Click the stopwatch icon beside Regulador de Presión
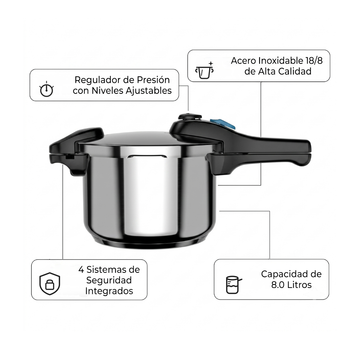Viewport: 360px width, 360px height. click(x=46, y=89)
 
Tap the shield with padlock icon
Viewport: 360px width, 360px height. click(x=50, y=284)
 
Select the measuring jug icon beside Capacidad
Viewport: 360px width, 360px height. click(x=233, y=285)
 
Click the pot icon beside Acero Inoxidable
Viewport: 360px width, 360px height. click(x=204, y=70)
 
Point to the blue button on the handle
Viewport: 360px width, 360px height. click(x=223, y=124)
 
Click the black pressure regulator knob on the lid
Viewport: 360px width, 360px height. click(x=190, y=117)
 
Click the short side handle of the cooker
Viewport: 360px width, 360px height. click(x=72, y=150)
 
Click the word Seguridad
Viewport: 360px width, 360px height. click(x=109, y=280)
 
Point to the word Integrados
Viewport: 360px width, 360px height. click(x=109, y=291)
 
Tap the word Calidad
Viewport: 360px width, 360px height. click(x=295, y=71)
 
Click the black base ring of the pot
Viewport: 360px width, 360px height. click(x=149, y=242)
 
